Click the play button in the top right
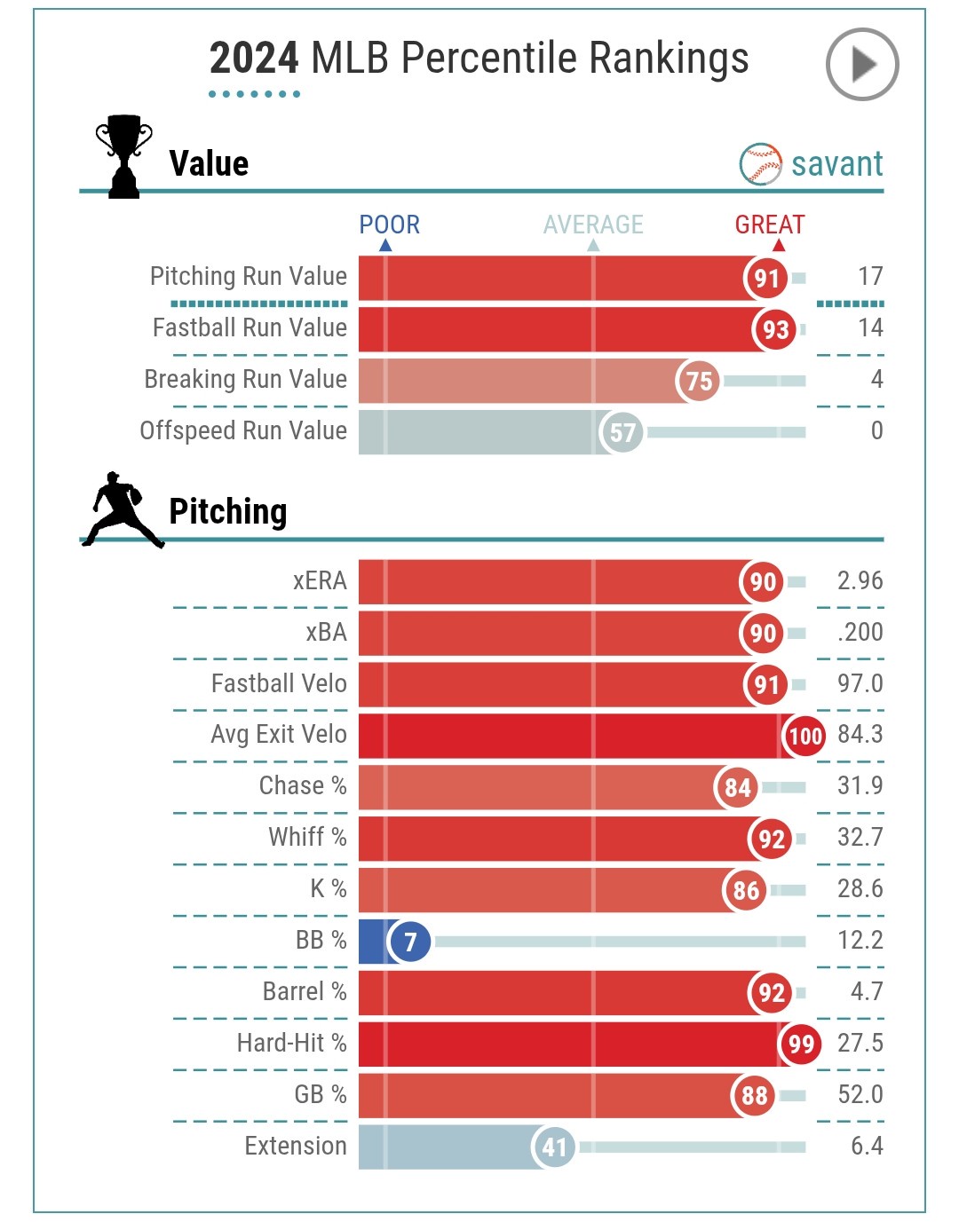click(861, 65)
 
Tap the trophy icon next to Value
click(123, 156)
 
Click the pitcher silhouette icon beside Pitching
click(123, 509)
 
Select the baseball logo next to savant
click(760, 164)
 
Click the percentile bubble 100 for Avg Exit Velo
click(804, 736)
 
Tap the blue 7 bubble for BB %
click(410, 941)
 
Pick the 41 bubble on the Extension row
click(554, 1147)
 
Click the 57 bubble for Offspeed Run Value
click(622, 432)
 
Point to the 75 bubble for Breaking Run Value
click(699, 381)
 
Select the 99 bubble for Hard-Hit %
click(800, 1044)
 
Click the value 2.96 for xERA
click(860, 581)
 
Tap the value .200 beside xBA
click(860, 633)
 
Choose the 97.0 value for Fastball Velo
click(860, 683)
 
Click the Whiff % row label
click(307, 837)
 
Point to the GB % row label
click(320, 1094)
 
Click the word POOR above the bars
click(389, 225)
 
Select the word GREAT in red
click(769, 225)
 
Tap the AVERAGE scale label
click(593, 225)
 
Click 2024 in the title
click(254, 59)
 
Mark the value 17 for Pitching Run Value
click(870, 277)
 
